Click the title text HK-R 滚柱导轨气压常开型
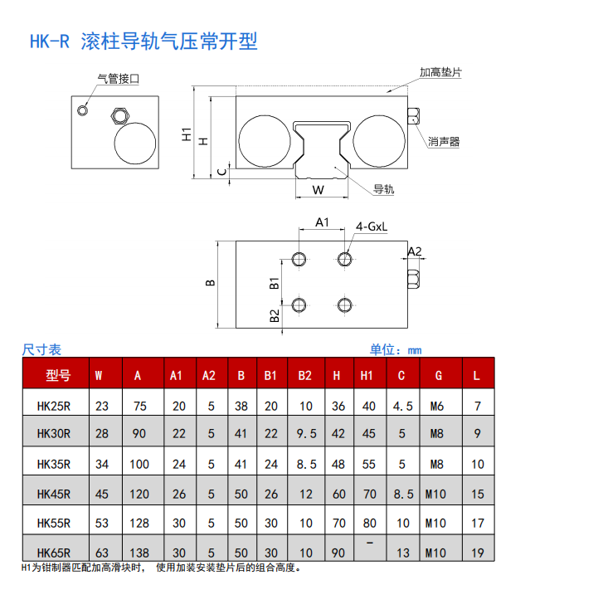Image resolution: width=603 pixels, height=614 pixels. [x=143, y=41]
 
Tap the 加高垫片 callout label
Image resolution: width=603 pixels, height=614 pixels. [x=440, y=72]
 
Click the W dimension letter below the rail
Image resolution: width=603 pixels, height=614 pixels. [x=319, y=189]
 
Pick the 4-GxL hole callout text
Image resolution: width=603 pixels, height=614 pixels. [x=372, y=226]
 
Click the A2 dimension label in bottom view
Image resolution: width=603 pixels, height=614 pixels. [x=415, y=251]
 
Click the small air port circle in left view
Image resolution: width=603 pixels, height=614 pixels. [x=82, y=110]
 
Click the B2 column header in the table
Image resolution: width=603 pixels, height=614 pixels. [x=305, y=375]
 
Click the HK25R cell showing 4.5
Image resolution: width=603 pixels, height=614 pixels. [x=402, y=406]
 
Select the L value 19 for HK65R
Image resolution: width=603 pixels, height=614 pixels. [x=477, y=553]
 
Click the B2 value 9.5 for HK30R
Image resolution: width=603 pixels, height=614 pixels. [x=305, y=433]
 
